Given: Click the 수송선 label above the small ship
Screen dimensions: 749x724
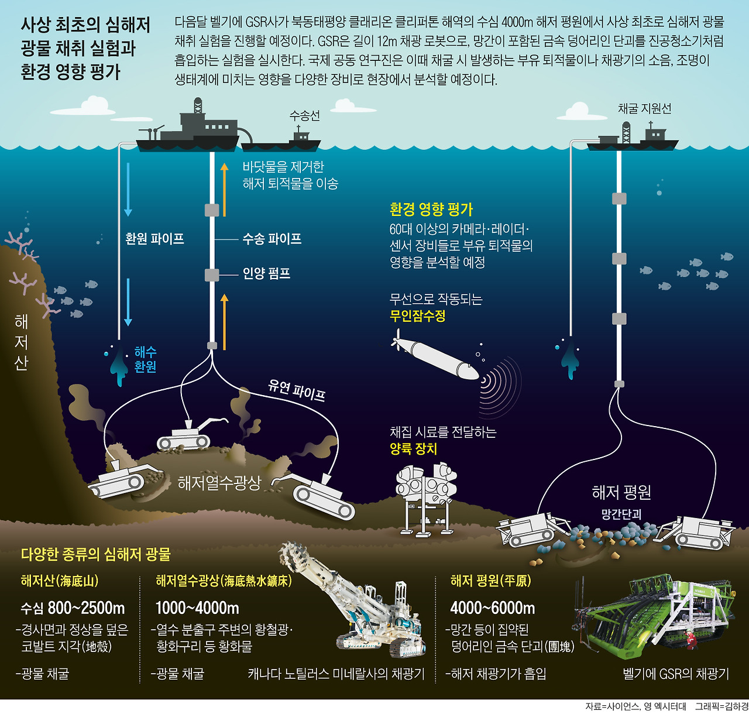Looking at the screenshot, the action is click(304, 116).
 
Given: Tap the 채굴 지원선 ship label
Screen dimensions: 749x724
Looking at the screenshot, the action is click(644, 109).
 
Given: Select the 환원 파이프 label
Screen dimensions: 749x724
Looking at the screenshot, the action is click(154, 239).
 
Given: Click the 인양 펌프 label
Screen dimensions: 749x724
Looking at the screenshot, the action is click(266, 273).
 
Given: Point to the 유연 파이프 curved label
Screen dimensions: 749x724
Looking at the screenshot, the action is click(296, 390).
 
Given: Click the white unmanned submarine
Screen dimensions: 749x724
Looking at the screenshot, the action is click(439, 357).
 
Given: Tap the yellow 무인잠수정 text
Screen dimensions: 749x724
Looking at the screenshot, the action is click(417, 316).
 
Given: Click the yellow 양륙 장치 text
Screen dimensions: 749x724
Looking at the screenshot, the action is click(413, 449).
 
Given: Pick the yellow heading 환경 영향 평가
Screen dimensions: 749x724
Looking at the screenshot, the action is click(431, 209).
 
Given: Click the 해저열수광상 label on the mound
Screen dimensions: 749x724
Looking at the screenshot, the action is click(219, 483).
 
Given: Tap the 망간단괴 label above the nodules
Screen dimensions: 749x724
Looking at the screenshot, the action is click(621, 514).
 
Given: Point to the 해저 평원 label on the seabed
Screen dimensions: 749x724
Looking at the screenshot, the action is click(621, 493).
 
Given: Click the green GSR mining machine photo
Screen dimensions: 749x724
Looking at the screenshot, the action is click(658, 615).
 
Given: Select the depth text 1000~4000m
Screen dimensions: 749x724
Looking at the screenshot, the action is click(197, 608).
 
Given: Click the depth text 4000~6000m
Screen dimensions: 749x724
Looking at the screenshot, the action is click(492, 608).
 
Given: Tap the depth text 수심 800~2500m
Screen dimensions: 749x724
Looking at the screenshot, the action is click(73, 608).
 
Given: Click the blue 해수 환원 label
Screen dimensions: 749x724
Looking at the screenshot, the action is click(145, 359).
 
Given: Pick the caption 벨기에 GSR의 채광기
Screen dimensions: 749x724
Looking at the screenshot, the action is click(676, 674).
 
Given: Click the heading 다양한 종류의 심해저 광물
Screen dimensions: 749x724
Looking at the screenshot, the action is click(95, 554).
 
